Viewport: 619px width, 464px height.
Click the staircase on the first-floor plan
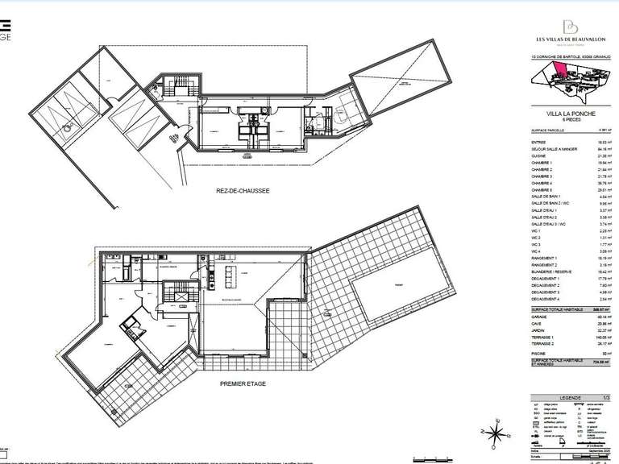pos(177,295)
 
